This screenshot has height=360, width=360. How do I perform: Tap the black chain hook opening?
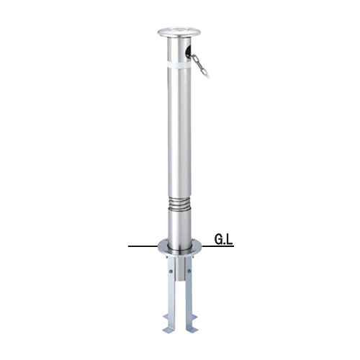click(189, 51)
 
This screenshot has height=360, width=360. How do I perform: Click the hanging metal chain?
click(200, 66)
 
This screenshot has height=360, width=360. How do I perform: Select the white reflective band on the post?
click(179, 65)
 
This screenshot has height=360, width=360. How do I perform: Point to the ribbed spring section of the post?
click(179, 204)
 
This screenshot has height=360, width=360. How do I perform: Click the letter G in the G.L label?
click(219, 240)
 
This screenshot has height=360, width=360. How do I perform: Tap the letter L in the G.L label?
click(230, 240)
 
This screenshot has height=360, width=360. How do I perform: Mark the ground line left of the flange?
click(143, 246)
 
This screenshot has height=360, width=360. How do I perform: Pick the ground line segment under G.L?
click(217, 246)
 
